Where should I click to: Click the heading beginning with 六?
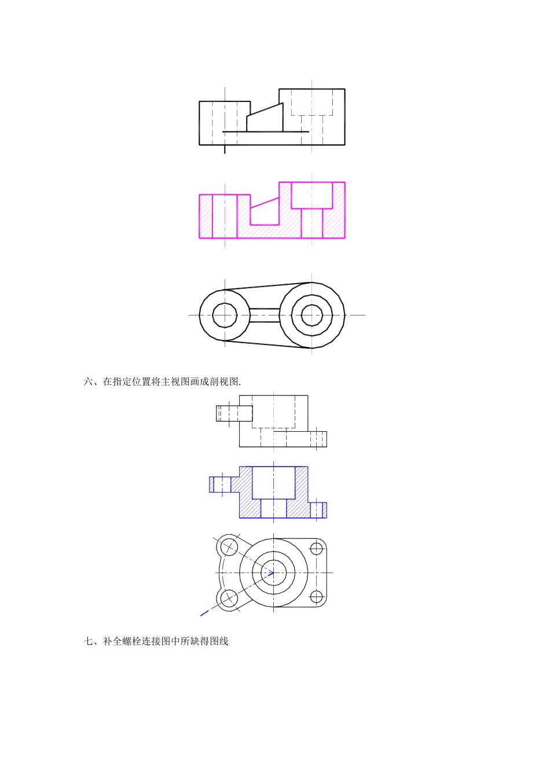162,381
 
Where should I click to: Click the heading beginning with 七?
156,641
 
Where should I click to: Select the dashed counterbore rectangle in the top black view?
312,102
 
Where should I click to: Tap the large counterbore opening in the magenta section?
311,195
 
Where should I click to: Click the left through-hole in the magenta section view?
225,216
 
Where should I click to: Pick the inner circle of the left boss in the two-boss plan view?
225,315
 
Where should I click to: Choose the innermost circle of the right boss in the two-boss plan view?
311,315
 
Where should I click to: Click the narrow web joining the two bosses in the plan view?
265,315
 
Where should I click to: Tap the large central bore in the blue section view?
274,482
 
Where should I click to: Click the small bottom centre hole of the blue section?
274,508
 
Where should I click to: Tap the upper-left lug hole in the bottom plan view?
229,546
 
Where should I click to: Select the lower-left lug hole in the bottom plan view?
229,598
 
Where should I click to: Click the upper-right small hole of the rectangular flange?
316,548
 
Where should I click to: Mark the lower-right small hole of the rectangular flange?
316,596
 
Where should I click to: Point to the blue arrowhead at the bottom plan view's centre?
270,573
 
